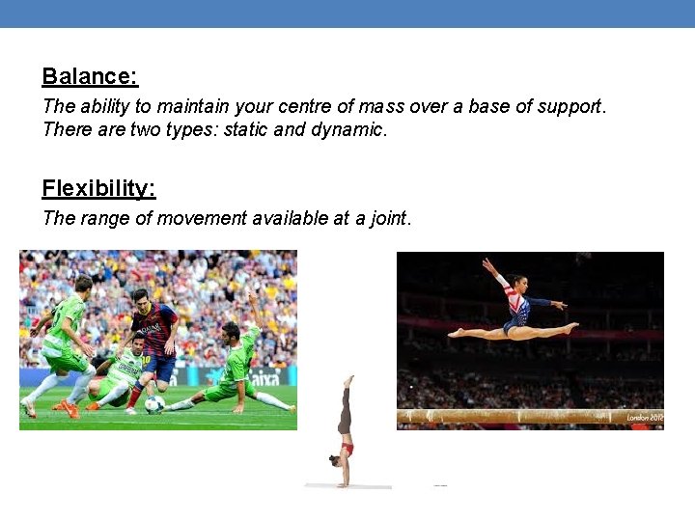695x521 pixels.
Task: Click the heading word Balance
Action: pos(90,76)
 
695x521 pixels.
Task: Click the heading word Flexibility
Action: pos(98,187)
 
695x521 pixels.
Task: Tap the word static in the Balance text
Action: pos(246,129)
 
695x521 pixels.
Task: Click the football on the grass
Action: pos(154,404)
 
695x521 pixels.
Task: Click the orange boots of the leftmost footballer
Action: pos(68,409)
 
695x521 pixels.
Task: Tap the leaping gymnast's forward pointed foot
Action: pos(571,329)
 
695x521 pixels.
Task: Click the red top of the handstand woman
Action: pos(347,449)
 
